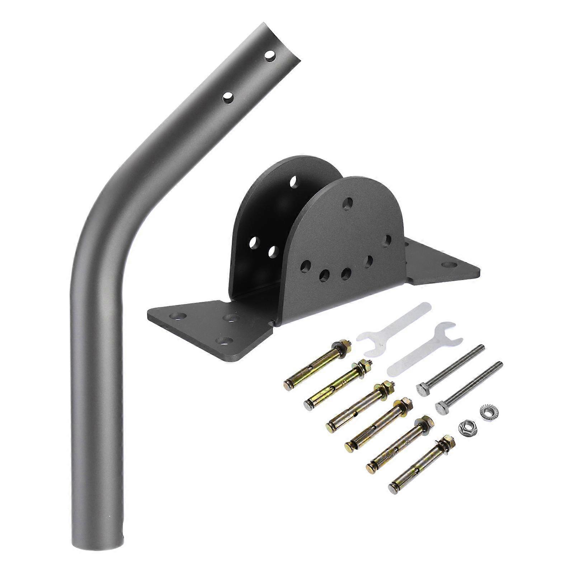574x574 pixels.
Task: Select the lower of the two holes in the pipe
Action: (x=228, y=97)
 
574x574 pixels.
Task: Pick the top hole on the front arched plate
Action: (x=347, y=204)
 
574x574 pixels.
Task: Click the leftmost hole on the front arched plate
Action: (x=305, y=267)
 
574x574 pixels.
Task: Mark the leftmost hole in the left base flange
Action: (x=178, y=316)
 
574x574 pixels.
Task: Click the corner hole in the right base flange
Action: (x=447, y=265)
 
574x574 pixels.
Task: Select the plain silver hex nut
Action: (x=465, y=428)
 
